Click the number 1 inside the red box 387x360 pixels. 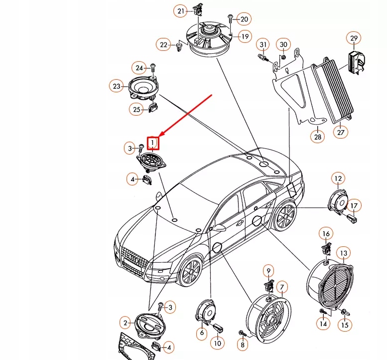pyautogui.click(x=153, y=143)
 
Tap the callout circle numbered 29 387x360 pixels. pyautogui.click(x=354, y=38)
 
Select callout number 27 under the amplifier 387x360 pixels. pyautogui.click(x=341, y=132)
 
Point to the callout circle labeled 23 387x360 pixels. pyautogui.click(x=117, y=86)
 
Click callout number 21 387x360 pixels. pyautogui.click(x=181, y=11)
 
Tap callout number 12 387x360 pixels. pyautogui.click(x=338, y=178)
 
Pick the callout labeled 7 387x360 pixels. pyautogui.click(x=282, y=287)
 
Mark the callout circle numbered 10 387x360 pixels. pyautogui.click(x=217, y=343)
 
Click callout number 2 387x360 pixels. pyautogui.click(x=126, y=322)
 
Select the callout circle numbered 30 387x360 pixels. pyautogui.click(x=283, y=45)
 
